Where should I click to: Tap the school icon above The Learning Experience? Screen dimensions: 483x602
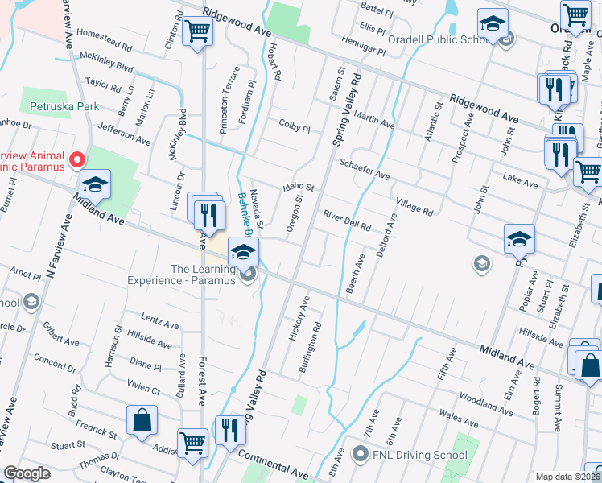click(x=243, y=253)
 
